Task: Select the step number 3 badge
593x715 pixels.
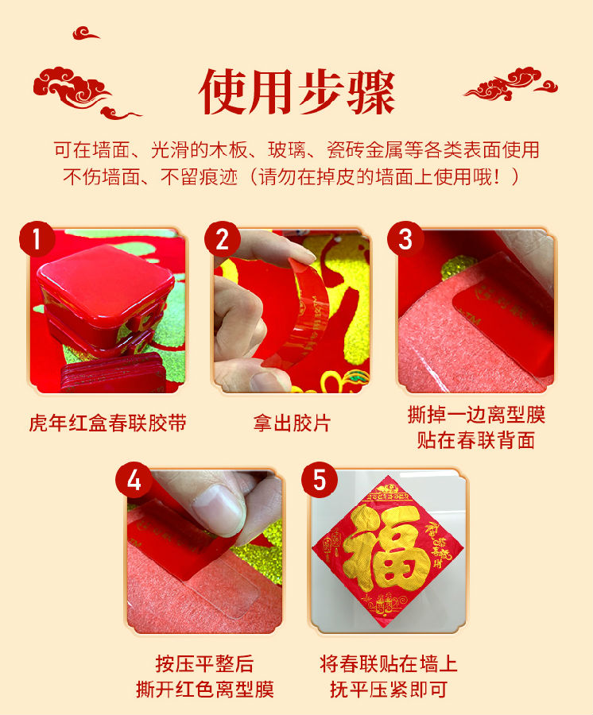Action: point(405,238)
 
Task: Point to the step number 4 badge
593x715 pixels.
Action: point(134,481)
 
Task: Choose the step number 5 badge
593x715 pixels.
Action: point(320,481)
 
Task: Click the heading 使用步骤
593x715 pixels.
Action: point(296,93)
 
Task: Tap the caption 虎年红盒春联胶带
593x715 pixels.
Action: point(107,423)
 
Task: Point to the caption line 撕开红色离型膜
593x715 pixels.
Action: point(204,689)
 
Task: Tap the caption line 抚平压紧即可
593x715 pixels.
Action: point(389,689)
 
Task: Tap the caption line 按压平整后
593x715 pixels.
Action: point(204,664)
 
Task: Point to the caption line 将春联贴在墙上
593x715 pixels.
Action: point(389,664)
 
